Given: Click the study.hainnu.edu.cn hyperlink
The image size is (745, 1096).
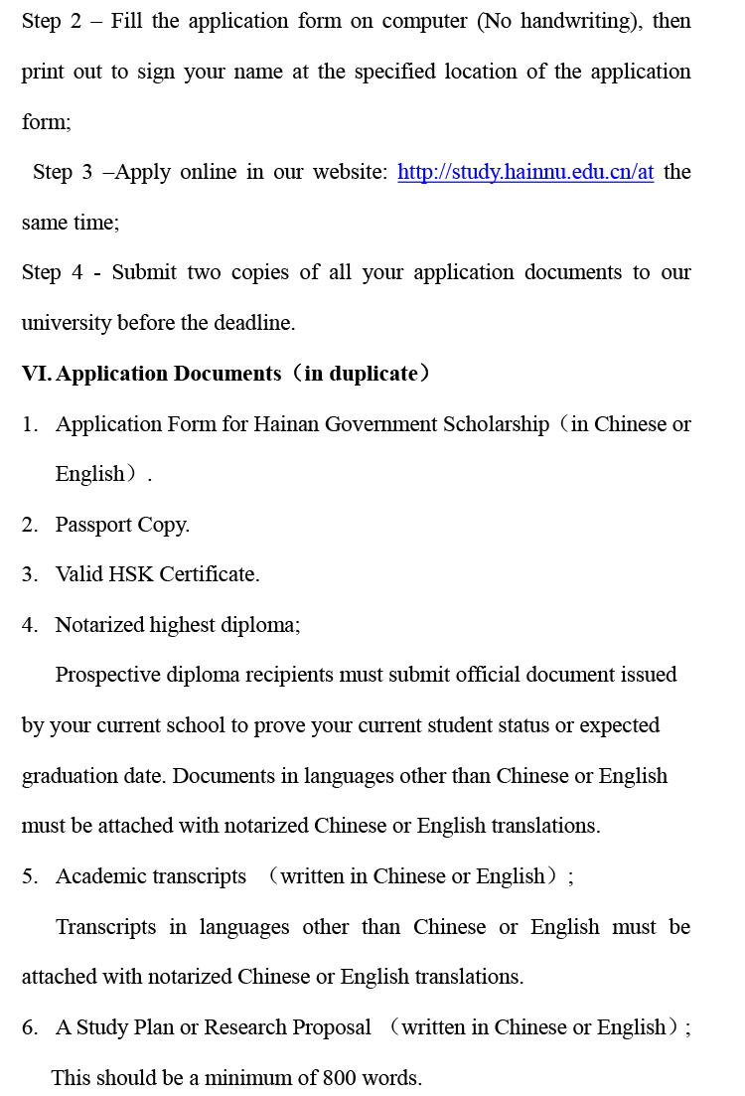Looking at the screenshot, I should pyautogui.click(x=525, y=172).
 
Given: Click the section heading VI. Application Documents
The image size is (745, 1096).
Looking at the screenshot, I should pyautogui.click(x=151, y=374).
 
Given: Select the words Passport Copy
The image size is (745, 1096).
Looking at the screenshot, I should pyautogui.click(x=122, y=525).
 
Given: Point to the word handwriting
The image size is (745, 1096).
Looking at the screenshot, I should pyautogui.click(x=576, y=21).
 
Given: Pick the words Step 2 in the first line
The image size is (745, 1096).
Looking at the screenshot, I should pyautogui.click(x=52, y=21).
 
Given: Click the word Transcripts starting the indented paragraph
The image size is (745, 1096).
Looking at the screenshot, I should pyautogui.click(x=105, y=927).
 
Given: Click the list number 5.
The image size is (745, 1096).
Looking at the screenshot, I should pyautogui.click(x=29, y=876).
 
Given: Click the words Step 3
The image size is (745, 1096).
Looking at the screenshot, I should pyautogui.click(x=62, y=172).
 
